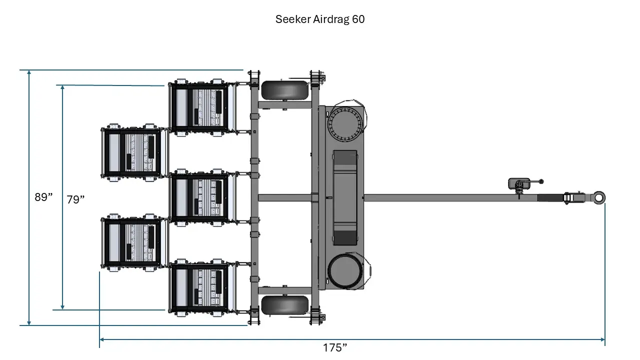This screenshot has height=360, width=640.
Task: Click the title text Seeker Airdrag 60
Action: [x=320, y=19]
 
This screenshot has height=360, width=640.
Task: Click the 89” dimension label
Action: [x=43, y=197]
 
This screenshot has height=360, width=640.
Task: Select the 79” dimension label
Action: [x=75, y=199]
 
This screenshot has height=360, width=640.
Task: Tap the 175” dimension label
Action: [x=335, y=347]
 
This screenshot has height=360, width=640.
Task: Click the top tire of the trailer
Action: [x=285, y=90]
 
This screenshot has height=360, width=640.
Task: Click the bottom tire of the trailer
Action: [x=285, y=305]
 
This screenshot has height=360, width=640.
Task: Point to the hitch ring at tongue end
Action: [x=599, y=197]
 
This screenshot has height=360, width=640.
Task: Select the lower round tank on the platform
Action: [x=344, y=271]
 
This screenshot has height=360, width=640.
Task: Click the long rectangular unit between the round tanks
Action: [x=345, y=197]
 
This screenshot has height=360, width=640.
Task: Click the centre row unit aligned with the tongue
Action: [x=200, y=197]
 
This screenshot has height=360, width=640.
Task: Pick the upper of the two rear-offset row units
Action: [x=132, y=152]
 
